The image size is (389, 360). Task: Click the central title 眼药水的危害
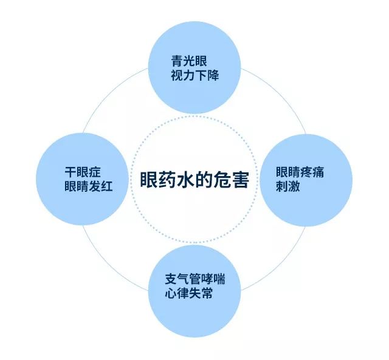tap(194, 180)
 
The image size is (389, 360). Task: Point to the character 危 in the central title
tap(222, 180)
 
